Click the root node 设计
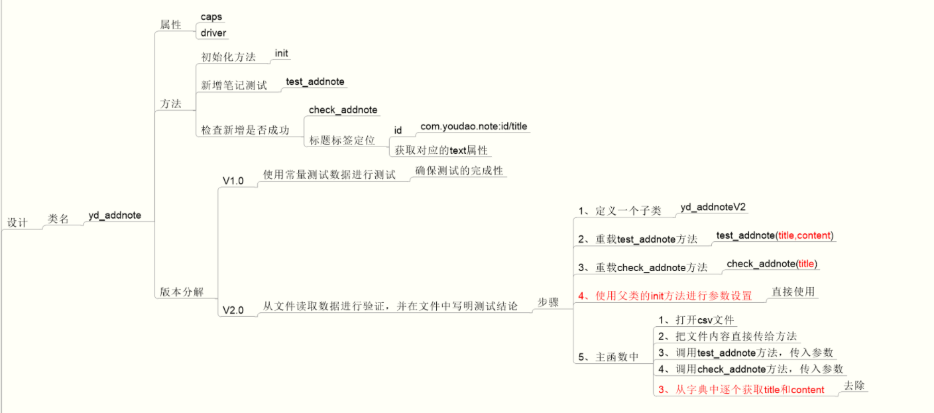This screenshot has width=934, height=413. (17, 223)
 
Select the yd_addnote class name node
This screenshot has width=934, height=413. (115, 216)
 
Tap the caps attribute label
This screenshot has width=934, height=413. (211, 17)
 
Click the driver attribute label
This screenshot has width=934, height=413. (213, 32)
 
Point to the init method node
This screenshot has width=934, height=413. (282, 54)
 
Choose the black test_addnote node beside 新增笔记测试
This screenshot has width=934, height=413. (315, 82)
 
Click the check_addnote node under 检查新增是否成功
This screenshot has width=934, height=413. (343, 110)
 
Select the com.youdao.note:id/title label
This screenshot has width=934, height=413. (474, 126)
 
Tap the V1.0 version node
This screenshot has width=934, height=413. (233, 180)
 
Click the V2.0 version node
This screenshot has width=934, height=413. (233, 310)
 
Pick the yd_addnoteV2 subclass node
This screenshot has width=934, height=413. (713, 207)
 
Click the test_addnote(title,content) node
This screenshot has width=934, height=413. (775, 235)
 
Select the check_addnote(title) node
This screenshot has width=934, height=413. (772, 264)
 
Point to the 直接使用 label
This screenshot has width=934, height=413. (793, 291)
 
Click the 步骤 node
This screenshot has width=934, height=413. (548, 302)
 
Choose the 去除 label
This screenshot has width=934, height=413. (854, 386)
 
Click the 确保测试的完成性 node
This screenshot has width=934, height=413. (459, 170)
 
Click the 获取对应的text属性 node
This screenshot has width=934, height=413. (441, 150)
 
